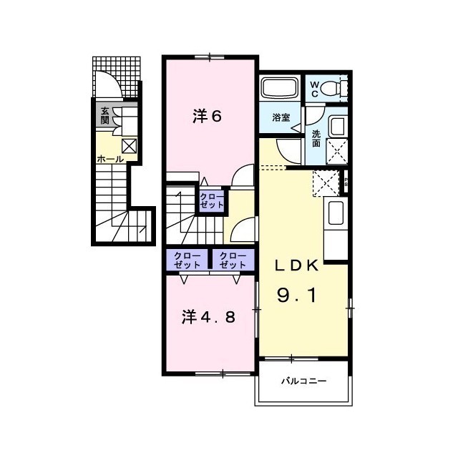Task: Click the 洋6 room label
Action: point(208,116)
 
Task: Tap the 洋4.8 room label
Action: point(208,317)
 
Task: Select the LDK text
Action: point(296,265)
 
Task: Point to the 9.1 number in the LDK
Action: point(296,295)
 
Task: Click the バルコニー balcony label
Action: point(303,381)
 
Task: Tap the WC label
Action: point(315,89)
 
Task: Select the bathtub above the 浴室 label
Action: point(280,87)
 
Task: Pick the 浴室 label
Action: point(281,117)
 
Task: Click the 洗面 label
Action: point(316,139)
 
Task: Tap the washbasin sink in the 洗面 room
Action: point(337,126)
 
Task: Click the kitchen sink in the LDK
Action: point(336,213)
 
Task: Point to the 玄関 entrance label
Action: point(105,115)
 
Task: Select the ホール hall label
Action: point(110,159)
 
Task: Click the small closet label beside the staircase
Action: point(212,200)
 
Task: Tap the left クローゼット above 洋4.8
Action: point(187,260)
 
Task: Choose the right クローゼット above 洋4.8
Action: point(233,260)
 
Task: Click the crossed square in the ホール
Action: point(129,146)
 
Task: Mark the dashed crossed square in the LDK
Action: point(326,183)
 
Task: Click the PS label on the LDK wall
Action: point(346,182)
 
